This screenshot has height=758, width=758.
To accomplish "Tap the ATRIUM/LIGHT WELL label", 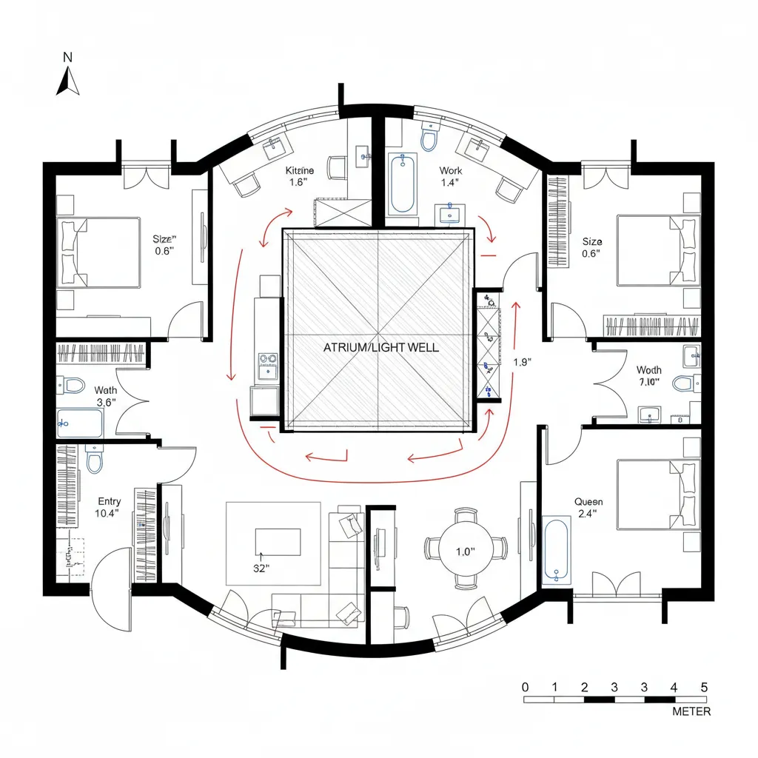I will click(x=380, y=346).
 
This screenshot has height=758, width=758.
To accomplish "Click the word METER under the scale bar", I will click(x=691, y=711).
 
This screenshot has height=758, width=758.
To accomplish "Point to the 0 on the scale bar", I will click(x=526, y=686).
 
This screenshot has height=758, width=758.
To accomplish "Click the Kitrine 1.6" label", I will click(x=300, y=176).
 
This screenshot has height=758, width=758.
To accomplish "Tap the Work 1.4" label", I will click(x=450, y=175).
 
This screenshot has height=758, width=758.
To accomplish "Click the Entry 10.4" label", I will click(x=109, y=507).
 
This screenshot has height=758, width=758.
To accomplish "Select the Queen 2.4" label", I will click(x=588, y=508).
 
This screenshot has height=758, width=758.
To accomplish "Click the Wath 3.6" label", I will click(x=106, y=396).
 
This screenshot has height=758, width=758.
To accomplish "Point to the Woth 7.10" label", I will click(x=648, y=375).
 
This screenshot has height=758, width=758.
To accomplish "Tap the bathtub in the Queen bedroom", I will click(x=556, y=551).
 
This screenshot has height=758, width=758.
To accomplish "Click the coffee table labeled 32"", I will click(x=278, y=541).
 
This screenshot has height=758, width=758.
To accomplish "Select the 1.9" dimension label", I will click(x=523, y=362).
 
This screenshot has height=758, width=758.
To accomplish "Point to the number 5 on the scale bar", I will click(x=704, y=686).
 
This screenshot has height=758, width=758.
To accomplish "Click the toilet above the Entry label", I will click(x=94, y=461).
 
